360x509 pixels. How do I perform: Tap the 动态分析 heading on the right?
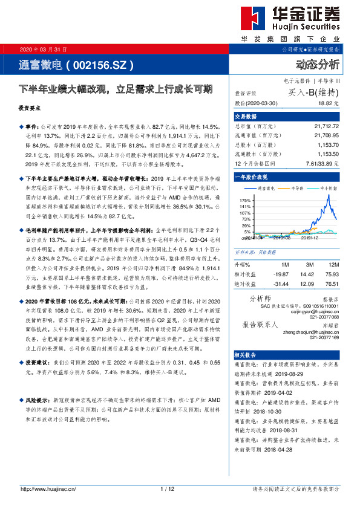tap(318, 65)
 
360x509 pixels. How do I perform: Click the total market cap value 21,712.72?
tap(327, 126)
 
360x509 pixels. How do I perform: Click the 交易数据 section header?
tap(246, 116)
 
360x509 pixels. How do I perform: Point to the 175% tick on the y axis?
tap(244, 199)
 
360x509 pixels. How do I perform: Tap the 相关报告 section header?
tap(246, 355)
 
